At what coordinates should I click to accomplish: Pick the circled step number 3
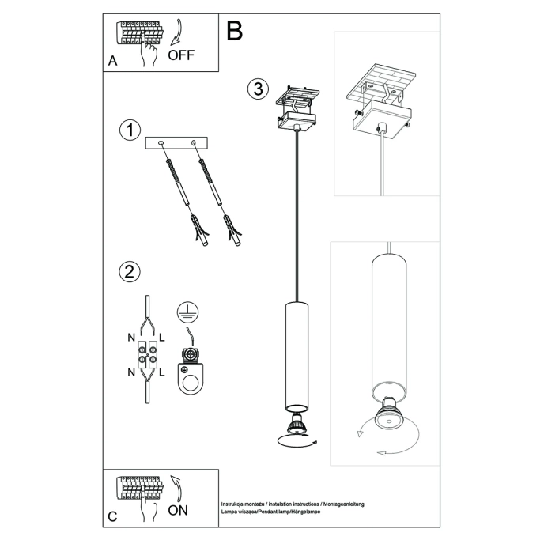[255, 88]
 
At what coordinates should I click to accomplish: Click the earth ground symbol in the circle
[186, 311]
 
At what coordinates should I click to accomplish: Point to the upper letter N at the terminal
[131, 338]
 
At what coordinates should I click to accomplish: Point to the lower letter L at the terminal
[162, 372]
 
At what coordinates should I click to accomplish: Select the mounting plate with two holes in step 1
[176, 143]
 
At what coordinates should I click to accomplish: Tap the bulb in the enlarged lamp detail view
[385, 419]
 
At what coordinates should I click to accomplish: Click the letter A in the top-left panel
[113, 62]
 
